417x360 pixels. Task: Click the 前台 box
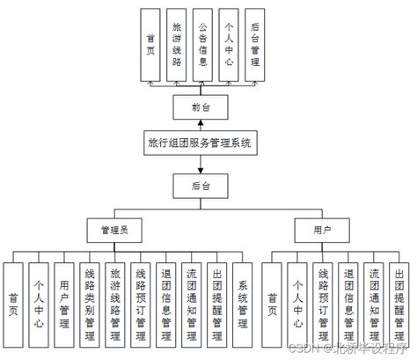pos(202,107)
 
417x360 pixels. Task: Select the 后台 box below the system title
pos(202,185)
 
